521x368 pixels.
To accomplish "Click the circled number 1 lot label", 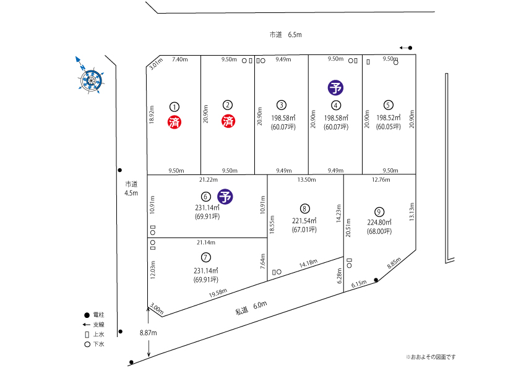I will [174, 106].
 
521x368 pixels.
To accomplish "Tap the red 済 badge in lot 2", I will [228, 121].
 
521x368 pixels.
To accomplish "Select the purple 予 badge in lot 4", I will [336, 88].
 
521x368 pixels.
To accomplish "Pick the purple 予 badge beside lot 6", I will [226, 197].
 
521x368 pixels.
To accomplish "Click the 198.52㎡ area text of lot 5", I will [388, 118].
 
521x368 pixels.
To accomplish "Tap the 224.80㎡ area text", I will [379, 222].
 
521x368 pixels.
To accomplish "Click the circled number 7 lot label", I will [206, 257].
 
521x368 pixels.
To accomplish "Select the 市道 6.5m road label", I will [285, 35].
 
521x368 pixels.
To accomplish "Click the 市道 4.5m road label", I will [131, 188].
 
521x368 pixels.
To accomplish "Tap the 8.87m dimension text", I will [149, 333].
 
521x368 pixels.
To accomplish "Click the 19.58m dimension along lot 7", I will [217, 292].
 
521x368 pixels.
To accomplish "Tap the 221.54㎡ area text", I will [304, 220].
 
